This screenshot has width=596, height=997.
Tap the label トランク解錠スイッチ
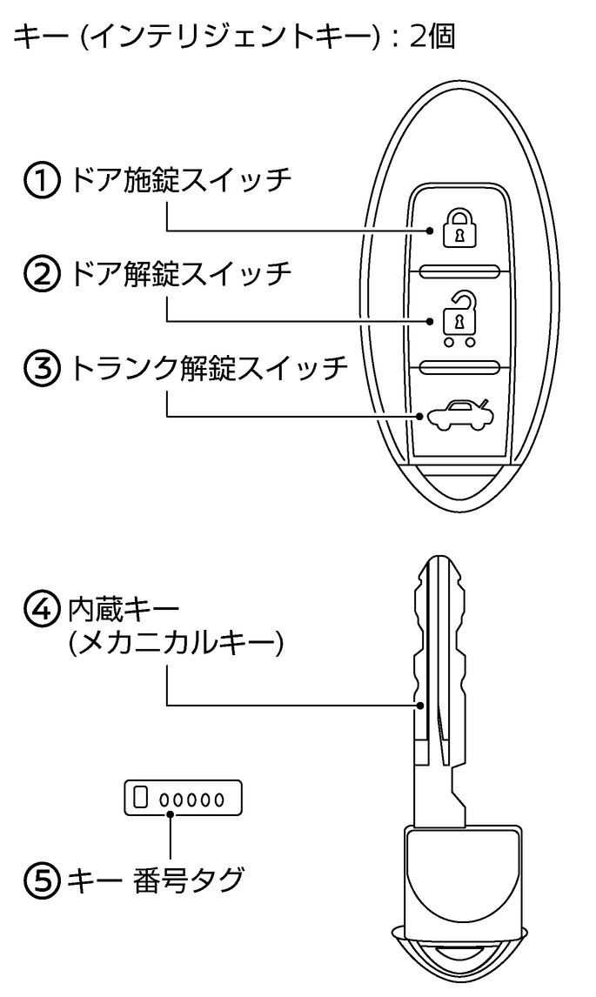click(x=209, y=369)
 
